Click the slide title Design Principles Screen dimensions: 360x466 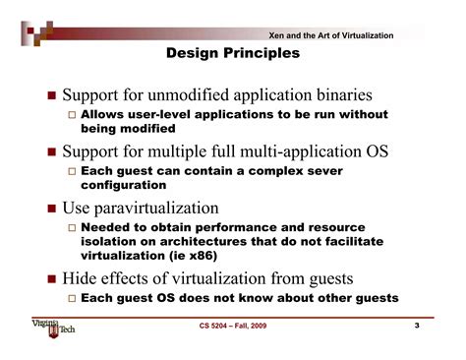pyautogui.click(x=233, y=53)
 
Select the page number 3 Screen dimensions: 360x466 pyautogui.click(x=416, y=326)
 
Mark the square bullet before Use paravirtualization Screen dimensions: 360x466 pyautogui.click(x=51, y=209)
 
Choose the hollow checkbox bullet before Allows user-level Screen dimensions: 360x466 pyautogui.click(x=70, y=115)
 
